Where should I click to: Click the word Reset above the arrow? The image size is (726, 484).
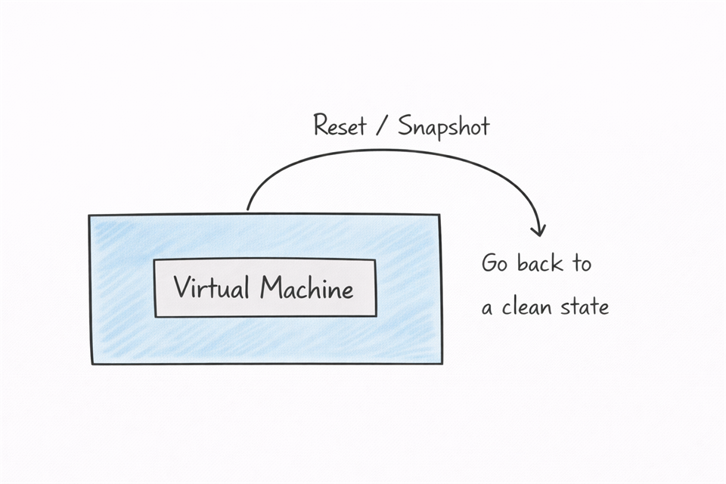(x=340, y=126)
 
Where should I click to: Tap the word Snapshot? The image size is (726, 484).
(x=444, y=126)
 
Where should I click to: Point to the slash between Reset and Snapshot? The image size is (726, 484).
(x=383, y=126)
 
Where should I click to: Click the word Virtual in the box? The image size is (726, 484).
(x=213, y=287)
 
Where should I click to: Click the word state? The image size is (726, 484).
(x=585, y=307)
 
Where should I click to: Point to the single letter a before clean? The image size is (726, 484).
(x=488, y=309)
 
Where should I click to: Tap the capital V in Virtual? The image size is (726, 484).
(x=181, y=287)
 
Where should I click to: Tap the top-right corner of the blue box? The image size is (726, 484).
(x=439, y=215)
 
